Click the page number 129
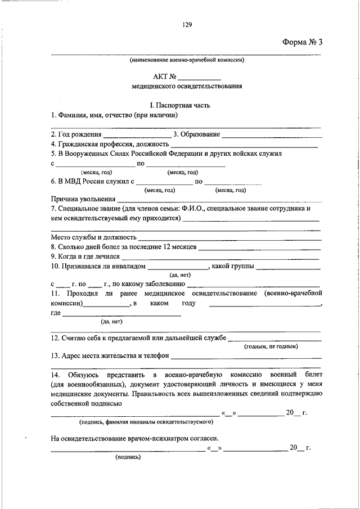pyautogui.click(x=188, y=24)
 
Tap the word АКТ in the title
pyautogui.click(x=160, y=77)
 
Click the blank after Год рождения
pyautogui.click(x=137, y=136)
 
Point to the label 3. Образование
pyautogui.click(x=196, y=134)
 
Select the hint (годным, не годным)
pyautogui.click(x=271, y=346)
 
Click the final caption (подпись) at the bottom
pyautogui.click(x=128, y=457)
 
